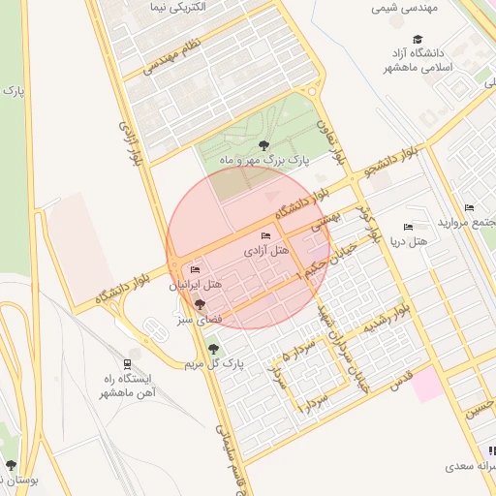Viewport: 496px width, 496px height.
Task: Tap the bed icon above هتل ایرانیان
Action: click(x=196, y=270)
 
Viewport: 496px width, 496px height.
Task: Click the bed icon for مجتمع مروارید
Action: click(x=470, y=208)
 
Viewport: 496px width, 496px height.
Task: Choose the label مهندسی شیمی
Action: click(x=405, y=8)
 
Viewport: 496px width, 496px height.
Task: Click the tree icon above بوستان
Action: click(x=12, y=465)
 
